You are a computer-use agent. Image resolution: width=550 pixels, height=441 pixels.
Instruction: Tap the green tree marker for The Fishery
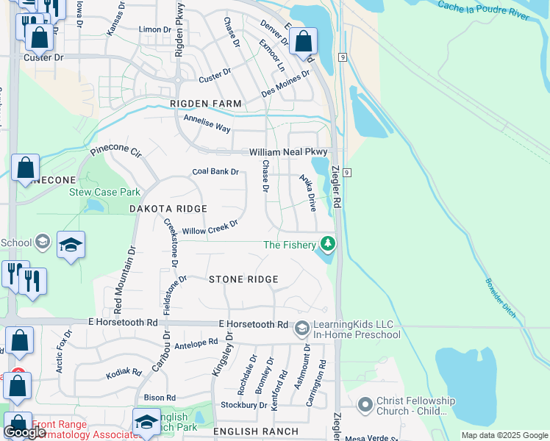click(x=327, y=244)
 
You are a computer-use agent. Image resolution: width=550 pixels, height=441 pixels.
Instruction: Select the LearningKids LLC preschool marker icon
click(x=301, y=329)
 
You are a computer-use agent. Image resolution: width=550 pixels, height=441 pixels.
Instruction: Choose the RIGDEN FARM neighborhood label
click(x=206, y=104)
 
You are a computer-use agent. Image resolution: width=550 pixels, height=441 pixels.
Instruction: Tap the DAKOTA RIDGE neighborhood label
click(x=168, y=209)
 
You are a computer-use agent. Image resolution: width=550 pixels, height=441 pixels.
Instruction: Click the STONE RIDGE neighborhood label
click(x=243, y=279)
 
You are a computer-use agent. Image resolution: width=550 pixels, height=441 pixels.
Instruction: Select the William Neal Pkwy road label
click(x=287, y=151)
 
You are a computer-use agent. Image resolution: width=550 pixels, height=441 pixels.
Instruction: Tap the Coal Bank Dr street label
click(x=215, y=172)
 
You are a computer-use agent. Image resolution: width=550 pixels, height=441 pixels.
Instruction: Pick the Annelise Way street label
click(x=207, y=123)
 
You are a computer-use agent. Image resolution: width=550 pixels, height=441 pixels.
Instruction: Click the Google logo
click(x=24, y=432)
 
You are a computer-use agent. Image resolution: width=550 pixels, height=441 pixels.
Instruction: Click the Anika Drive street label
click(x=307, y=193)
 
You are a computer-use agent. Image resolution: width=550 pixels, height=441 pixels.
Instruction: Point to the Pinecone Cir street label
click(x=115, y=153)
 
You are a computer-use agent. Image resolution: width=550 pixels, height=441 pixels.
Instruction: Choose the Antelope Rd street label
click(x=196, y=342)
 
